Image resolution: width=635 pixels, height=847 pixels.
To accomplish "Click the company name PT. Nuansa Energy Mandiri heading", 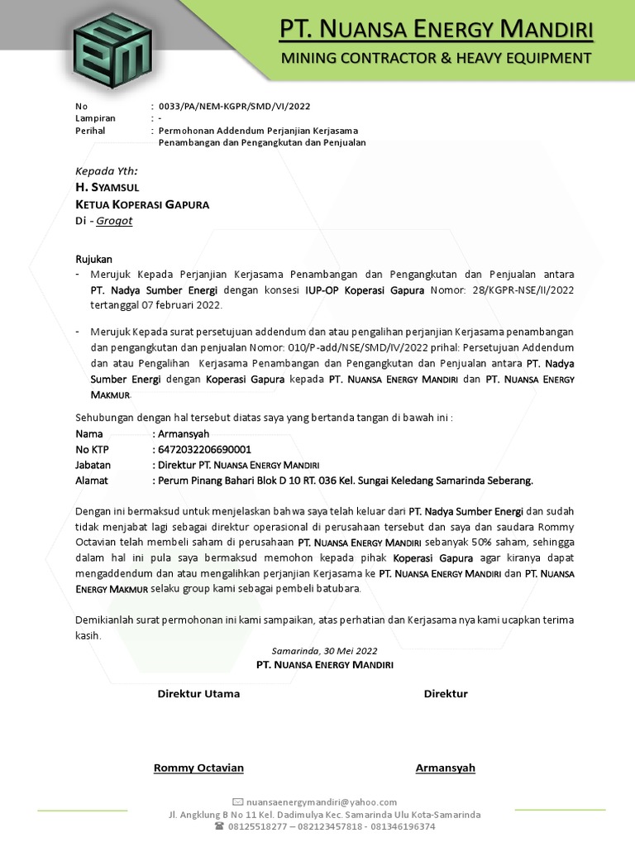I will click(x=436, y=31).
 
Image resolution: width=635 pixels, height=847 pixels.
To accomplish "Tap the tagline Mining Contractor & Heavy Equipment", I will click(x=436, y=58).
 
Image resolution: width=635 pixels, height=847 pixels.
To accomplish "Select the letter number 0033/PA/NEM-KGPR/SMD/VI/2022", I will click(x=229, y=106).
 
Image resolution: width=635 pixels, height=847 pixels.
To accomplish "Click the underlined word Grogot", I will click(x=114, y=221).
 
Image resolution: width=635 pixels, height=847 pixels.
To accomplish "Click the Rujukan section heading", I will click(x=93, y=259).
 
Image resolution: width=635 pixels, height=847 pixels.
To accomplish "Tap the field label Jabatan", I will click(x=93, y=465).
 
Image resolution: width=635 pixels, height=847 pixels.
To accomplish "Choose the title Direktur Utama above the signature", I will click(x=198, y=693).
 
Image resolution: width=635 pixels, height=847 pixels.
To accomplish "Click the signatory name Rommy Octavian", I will click(x=198, y=768).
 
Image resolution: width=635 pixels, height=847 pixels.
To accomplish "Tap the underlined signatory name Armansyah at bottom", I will click(x=445, y=768).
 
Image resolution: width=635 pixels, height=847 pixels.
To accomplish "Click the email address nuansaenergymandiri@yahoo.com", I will click(x=322, y=802).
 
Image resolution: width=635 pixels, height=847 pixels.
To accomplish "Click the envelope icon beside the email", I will click(x=238, y=802).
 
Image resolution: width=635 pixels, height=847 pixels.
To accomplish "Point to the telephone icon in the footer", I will click(x=219, y=826).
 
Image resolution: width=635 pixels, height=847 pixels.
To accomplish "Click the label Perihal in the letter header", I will click(x=90, y=131).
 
